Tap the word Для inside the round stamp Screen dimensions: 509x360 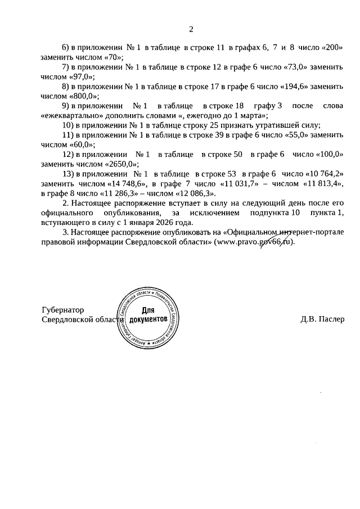pos(148,310)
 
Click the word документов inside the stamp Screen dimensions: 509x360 pos(148,319)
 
